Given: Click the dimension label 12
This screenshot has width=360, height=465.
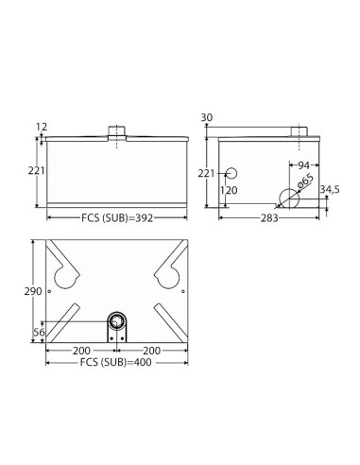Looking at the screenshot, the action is [42, 127].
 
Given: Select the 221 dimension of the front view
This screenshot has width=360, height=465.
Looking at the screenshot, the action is [37, 171].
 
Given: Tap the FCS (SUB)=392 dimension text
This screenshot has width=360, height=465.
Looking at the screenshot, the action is [117, 218].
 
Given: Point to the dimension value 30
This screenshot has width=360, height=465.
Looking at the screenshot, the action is [207, 117].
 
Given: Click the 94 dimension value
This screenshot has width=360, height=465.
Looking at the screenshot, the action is [304, 165].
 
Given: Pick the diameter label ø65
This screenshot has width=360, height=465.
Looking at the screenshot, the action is [305, 181].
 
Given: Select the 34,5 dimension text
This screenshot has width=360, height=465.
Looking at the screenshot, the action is [330, 190].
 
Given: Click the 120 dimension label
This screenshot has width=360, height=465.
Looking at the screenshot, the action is [229, 191].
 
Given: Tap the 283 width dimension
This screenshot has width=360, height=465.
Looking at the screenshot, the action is [269, 218].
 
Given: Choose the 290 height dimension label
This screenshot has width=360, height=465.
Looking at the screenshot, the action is [33, 291].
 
